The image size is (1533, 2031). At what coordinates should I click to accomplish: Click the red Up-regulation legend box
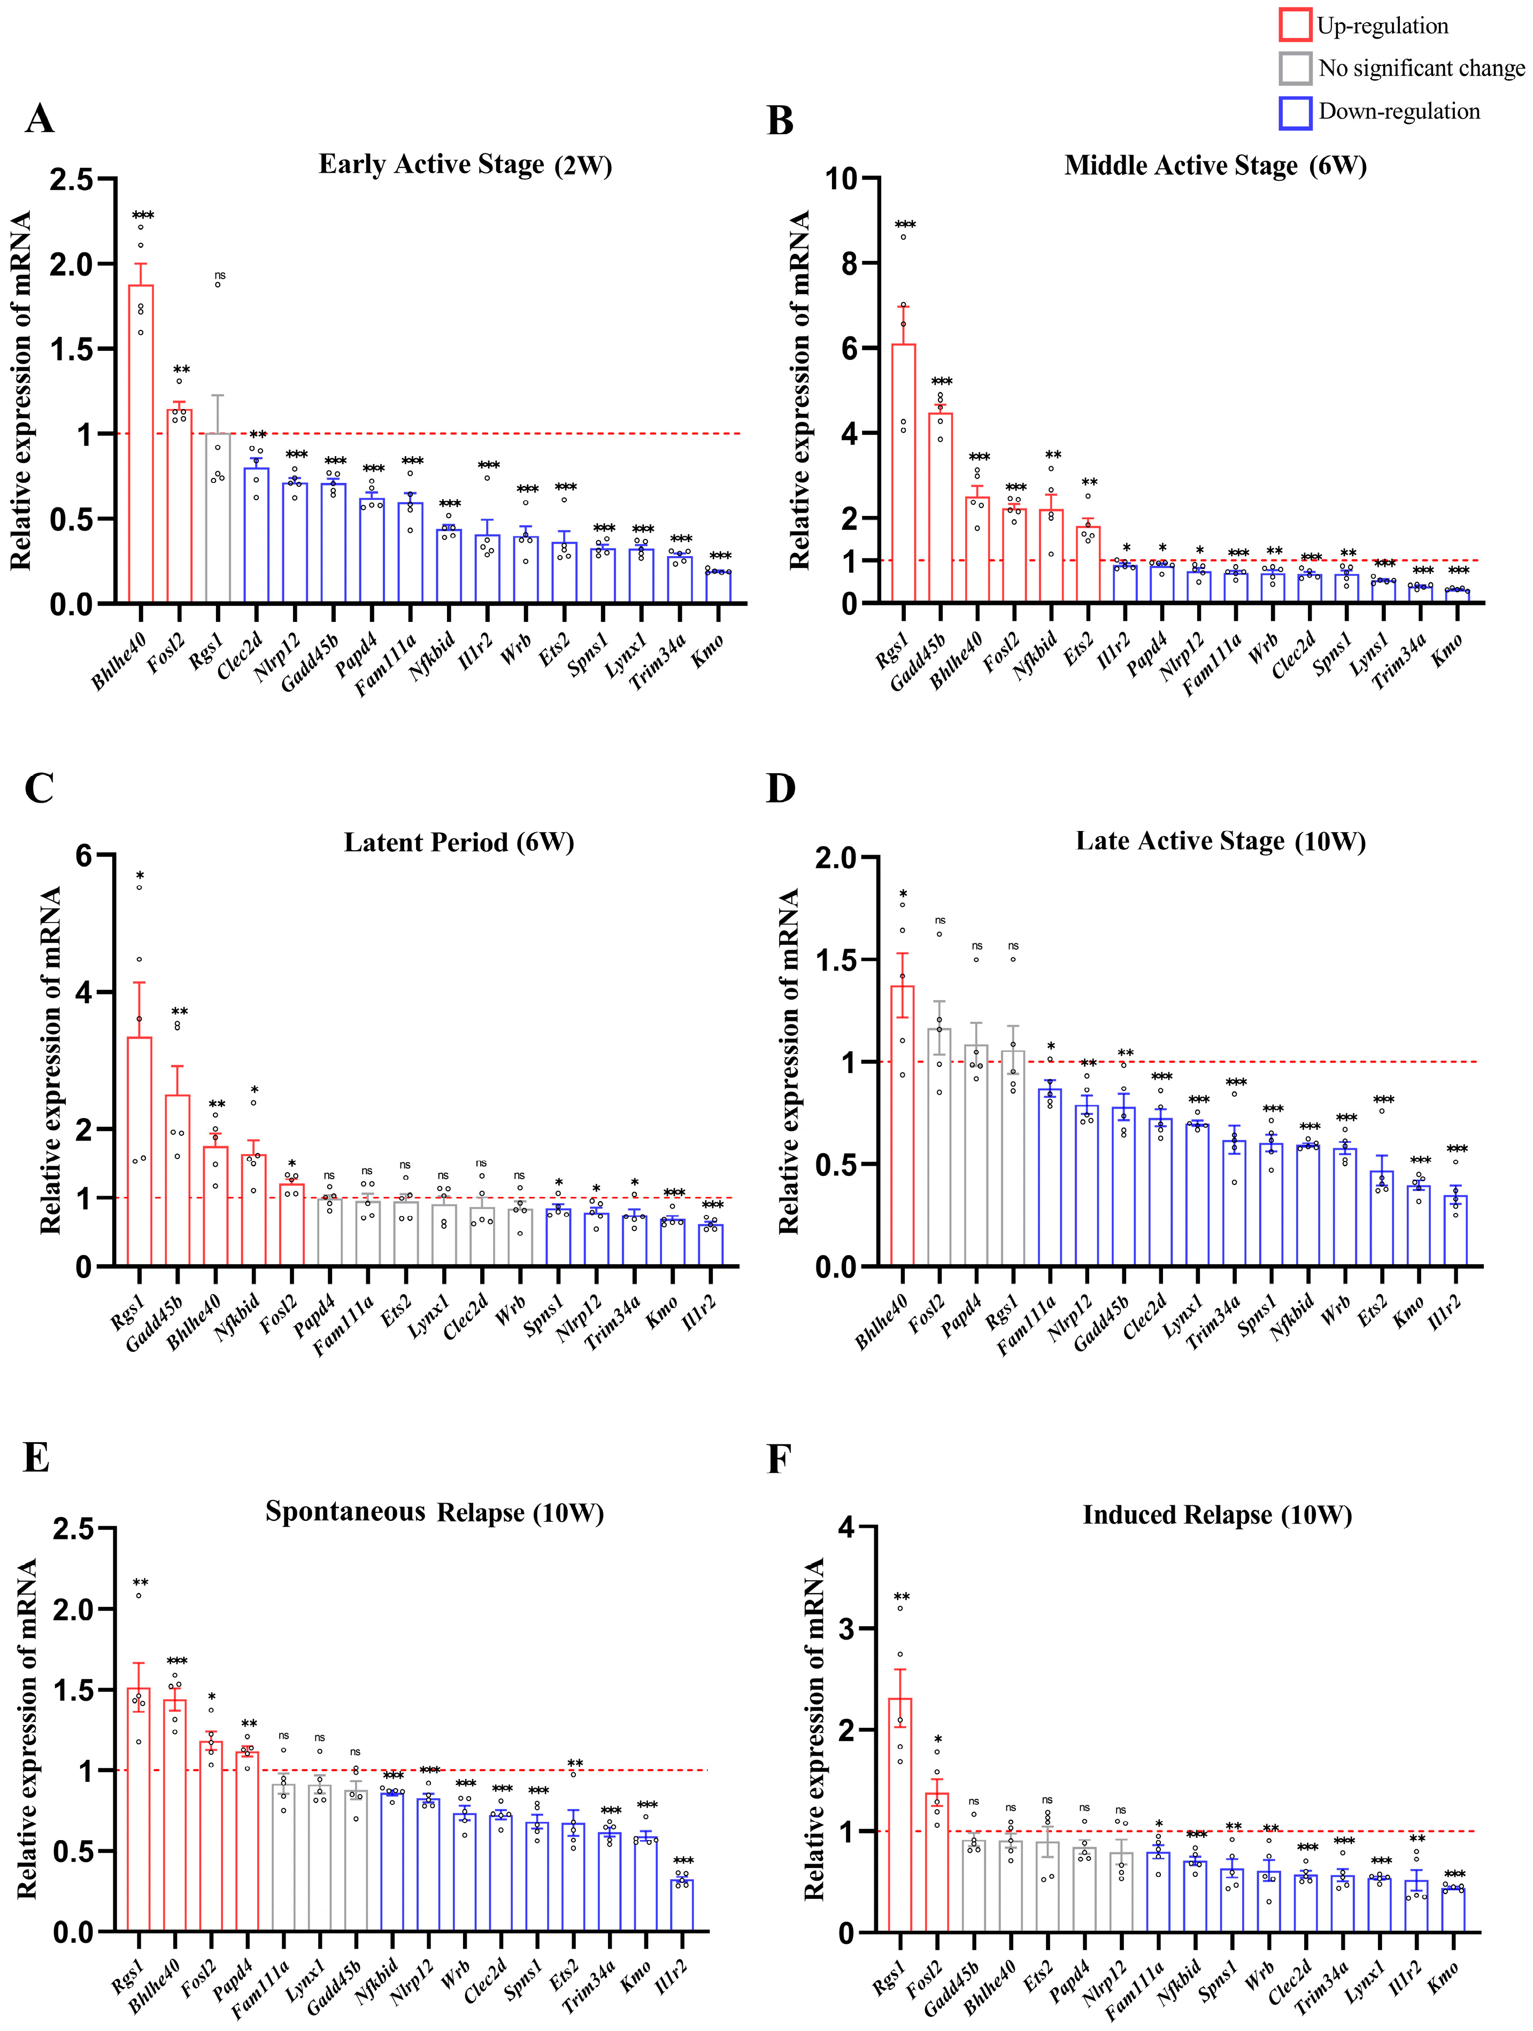point(1295,25)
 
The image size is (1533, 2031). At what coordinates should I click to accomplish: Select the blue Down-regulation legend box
point(1295,112)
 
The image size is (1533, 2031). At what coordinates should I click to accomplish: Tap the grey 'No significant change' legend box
point(1295,68)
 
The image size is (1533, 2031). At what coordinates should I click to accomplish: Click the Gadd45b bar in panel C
point(177,1180)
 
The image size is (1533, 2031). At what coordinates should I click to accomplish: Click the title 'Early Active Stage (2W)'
point(465,165)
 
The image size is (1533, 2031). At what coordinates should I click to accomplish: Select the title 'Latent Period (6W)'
point(459,843)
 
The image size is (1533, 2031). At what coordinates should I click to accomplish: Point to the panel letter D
point(780,788)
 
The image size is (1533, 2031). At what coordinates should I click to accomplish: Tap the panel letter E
point(37,1458)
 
